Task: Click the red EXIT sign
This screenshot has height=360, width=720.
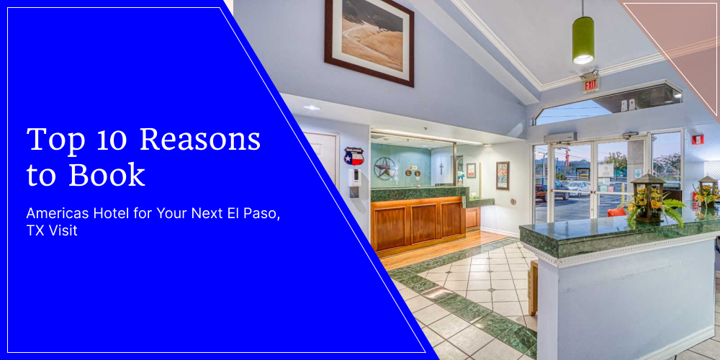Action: (x=590, y=84)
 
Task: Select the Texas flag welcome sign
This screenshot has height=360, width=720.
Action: (x=354, y=156)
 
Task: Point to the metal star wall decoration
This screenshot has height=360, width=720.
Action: (x=386, y=168)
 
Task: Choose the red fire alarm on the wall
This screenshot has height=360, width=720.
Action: (x=697, y=139)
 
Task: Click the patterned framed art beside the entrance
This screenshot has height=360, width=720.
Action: (x=503, y=175)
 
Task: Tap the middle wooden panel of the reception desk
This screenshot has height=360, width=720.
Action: (x=423, y=222)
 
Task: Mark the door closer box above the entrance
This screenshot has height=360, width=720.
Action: (x=560, y=138)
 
